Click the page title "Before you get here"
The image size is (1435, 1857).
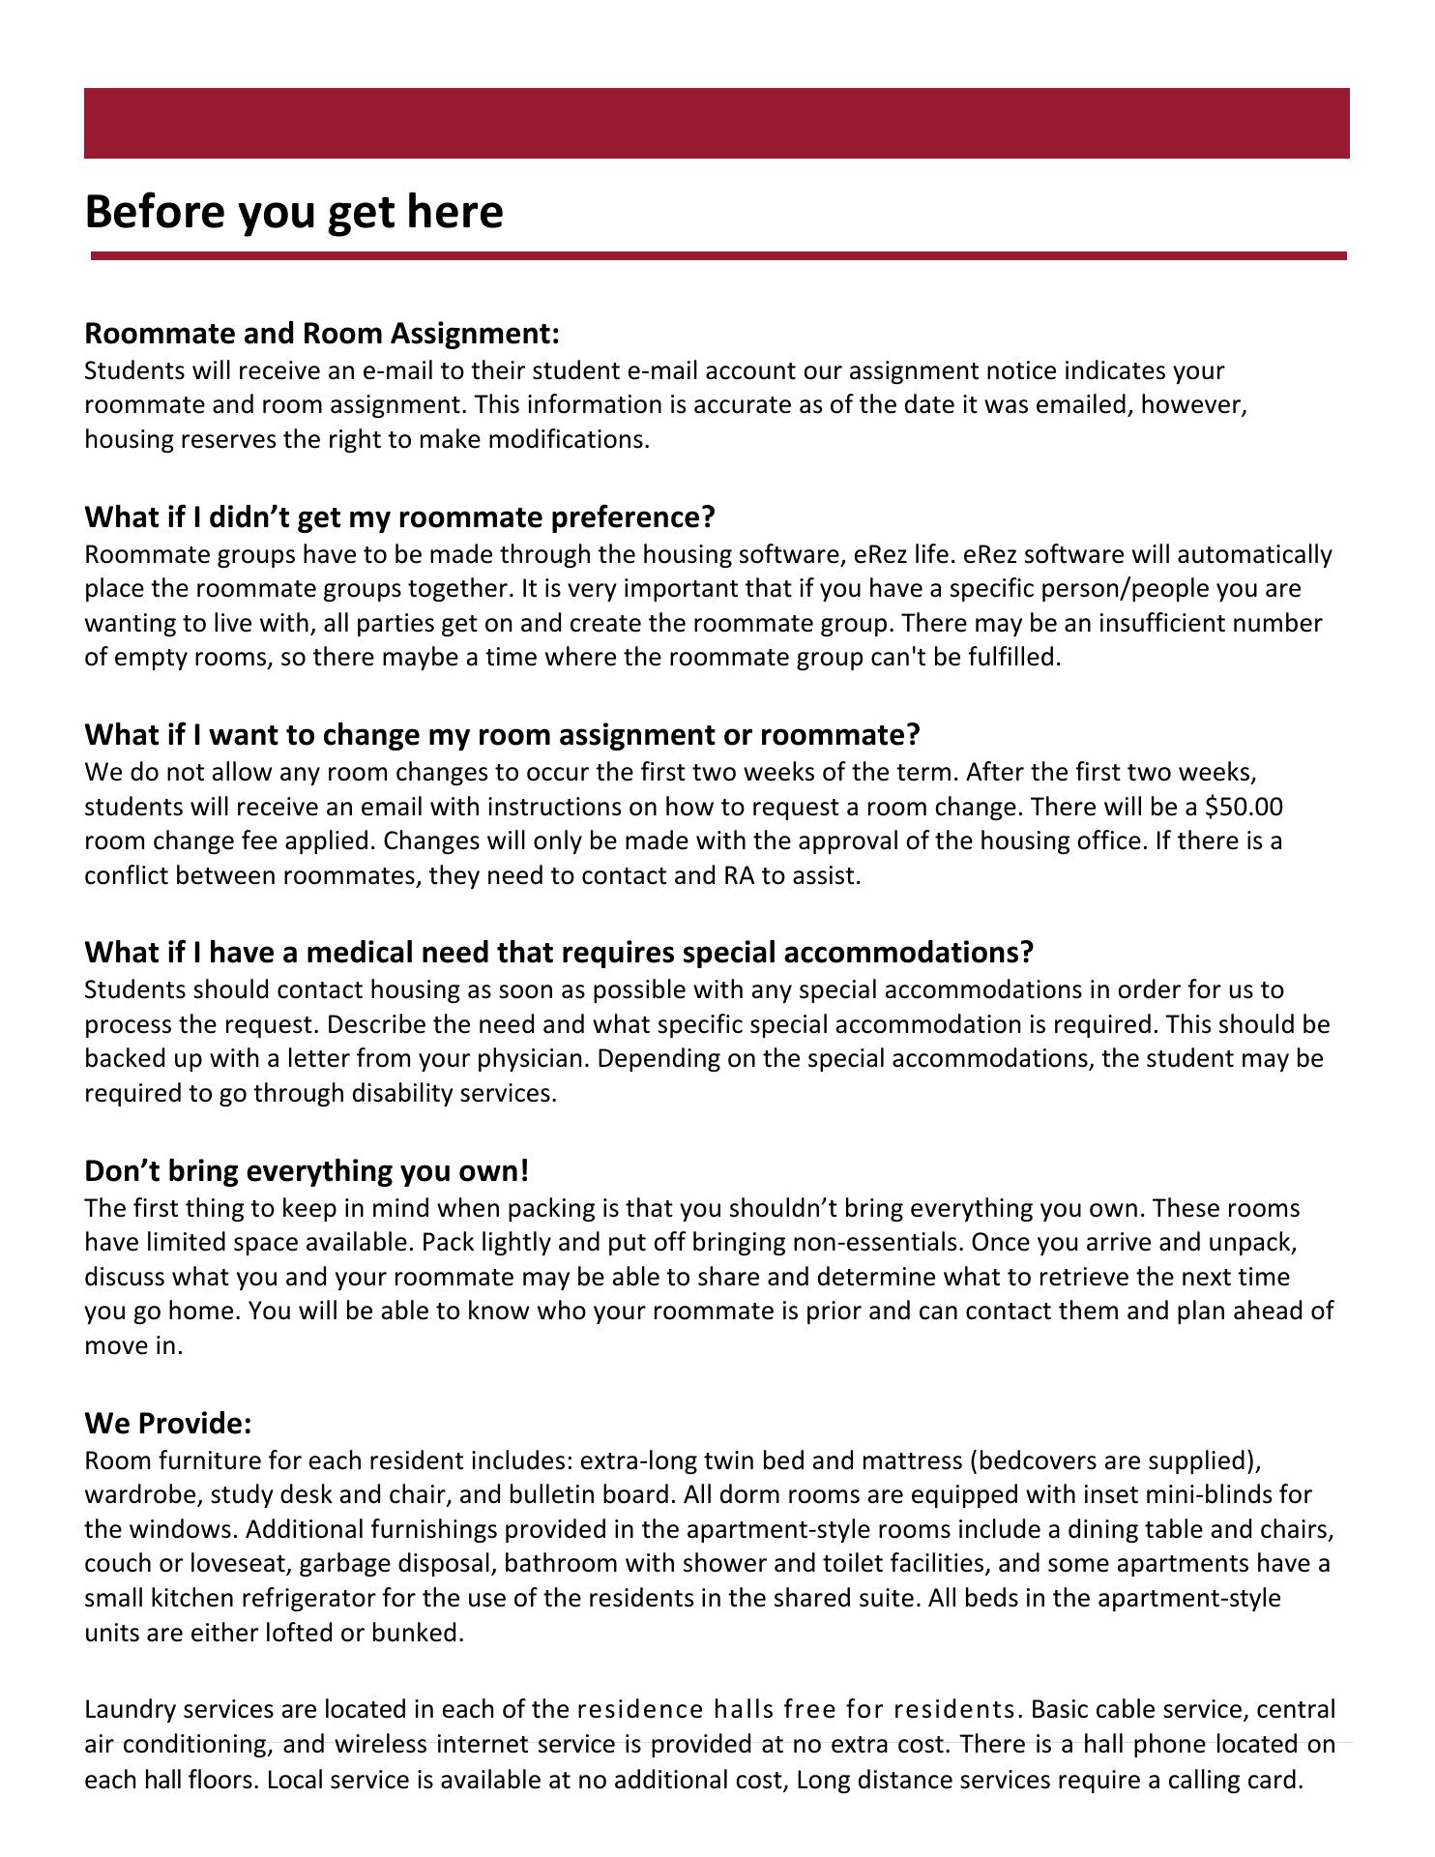click(x=294, y=212)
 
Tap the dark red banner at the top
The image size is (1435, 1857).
click(x=717, y=123)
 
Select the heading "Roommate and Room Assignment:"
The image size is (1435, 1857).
click(x=322, y=334)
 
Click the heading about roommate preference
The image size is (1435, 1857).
click(x=399, y=517)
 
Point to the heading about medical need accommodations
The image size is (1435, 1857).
click(x=559, y=953)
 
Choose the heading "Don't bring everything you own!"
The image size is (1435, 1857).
click(x=307, y=1171)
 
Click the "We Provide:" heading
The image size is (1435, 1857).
click(x=168, y=1424)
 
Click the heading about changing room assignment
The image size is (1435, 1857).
click(x=502, y=735)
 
